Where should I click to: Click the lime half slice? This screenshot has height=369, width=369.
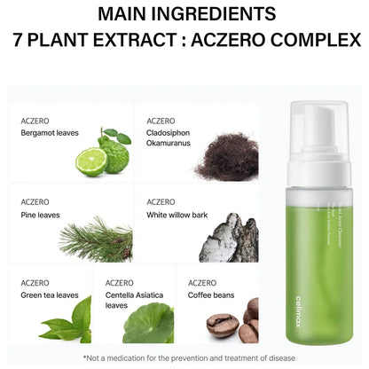coord(90,161)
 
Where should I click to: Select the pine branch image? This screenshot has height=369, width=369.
coord(96,239)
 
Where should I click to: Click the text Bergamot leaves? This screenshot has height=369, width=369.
coord(50,133)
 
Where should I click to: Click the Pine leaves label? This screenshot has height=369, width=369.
coord(41,214)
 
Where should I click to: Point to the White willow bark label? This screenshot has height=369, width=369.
coord(177,214)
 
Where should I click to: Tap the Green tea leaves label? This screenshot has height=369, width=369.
coord(49,294)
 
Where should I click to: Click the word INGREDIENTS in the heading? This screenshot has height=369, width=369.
coord(219,15)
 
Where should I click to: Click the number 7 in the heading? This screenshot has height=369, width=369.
coord(16,41)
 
